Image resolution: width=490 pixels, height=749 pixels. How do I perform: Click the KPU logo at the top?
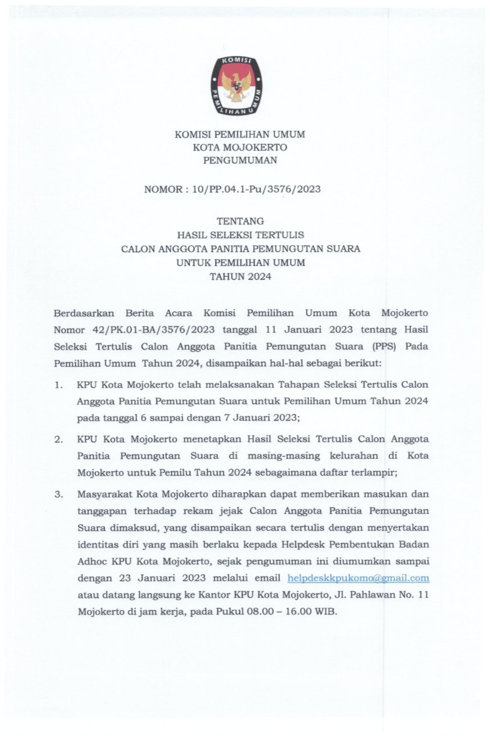[236, 85]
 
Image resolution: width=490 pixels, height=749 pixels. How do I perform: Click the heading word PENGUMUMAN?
[240, 161]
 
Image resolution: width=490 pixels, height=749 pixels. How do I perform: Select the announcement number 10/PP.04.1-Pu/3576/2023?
[256, 189]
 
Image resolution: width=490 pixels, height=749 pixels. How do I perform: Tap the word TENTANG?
[240, 221]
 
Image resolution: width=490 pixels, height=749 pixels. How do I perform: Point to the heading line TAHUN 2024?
[240, 277]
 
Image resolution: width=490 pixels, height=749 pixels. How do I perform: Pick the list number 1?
[58, 385]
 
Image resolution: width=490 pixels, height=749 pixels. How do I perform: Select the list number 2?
[58, 439]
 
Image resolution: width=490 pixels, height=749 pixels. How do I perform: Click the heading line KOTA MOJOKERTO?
[240, 147]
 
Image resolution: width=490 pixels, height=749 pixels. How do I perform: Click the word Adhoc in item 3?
[92, 562]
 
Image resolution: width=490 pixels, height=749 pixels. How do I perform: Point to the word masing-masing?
[283, 456]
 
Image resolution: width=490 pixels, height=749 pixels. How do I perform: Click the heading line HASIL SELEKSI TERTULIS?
[240, 235]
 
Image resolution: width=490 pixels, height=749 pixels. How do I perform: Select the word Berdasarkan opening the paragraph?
[84, 313]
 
